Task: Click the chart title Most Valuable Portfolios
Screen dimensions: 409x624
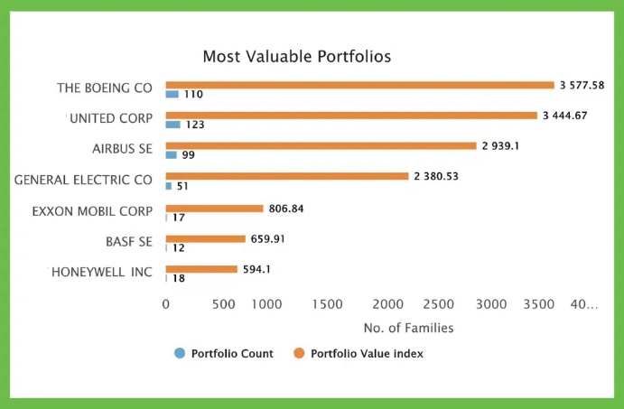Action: tap(296, 57)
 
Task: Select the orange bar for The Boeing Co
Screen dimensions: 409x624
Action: tap(359, 85)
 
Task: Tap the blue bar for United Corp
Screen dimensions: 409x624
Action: tap(172, 125)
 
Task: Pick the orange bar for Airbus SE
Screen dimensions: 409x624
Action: tap(321, 145)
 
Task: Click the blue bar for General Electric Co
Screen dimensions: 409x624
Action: tap(168, 186)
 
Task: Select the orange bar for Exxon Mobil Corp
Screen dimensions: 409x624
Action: tap(214, 208)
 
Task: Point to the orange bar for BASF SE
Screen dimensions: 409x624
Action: tap(205, 238)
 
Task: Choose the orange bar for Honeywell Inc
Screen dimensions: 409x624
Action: tap(201, 269)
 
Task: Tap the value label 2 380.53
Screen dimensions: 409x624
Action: tap(436, 176)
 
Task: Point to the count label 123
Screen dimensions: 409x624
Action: tap(195, 125)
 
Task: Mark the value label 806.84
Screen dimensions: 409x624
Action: tap(286, 208)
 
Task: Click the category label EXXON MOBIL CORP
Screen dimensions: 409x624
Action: tap(92, 211)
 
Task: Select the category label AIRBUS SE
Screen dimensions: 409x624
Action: tap(122, 148)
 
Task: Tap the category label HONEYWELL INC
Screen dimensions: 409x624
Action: tap(100, 272)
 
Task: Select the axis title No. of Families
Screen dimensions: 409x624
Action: tap(408, 328)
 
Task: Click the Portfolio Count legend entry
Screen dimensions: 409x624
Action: tap(224, 354)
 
